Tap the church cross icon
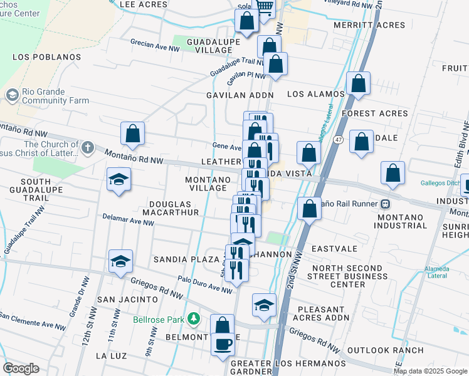(87, 149)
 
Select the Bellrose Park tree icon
(194, 318)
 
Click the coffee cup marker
(223, 345)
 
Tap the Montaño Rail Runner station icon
(387, 204)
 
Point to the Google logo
(21, 368)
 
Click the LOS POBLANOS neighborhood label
(47, 57)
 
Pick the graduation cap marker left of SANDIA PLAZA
(121, 262)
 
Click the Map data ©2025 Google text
(431, 371)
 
